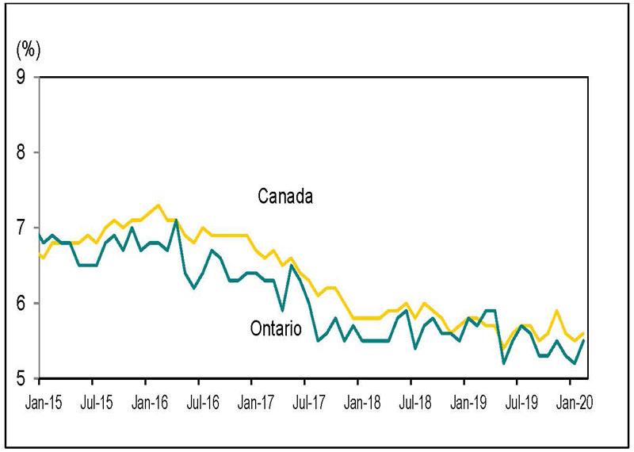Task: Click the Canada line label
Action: click(x=286, y=196)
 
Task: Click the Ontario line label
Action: click(x=275, y=328)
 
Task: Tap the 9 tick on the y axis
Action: click(x=21, y=77)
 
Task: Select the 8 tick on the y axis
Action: click(x=21, y=152)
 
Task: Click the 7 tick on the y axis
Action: click(x=21, y=228)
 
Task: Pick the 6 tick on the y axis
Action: click(x=21, y=303)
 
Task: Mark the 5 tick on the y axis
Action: click(x=21, y=378)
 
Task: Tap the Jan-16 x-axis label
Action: click(x=148, y=402)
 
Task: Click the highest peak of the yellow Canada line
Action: click(x=158, y=205)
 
